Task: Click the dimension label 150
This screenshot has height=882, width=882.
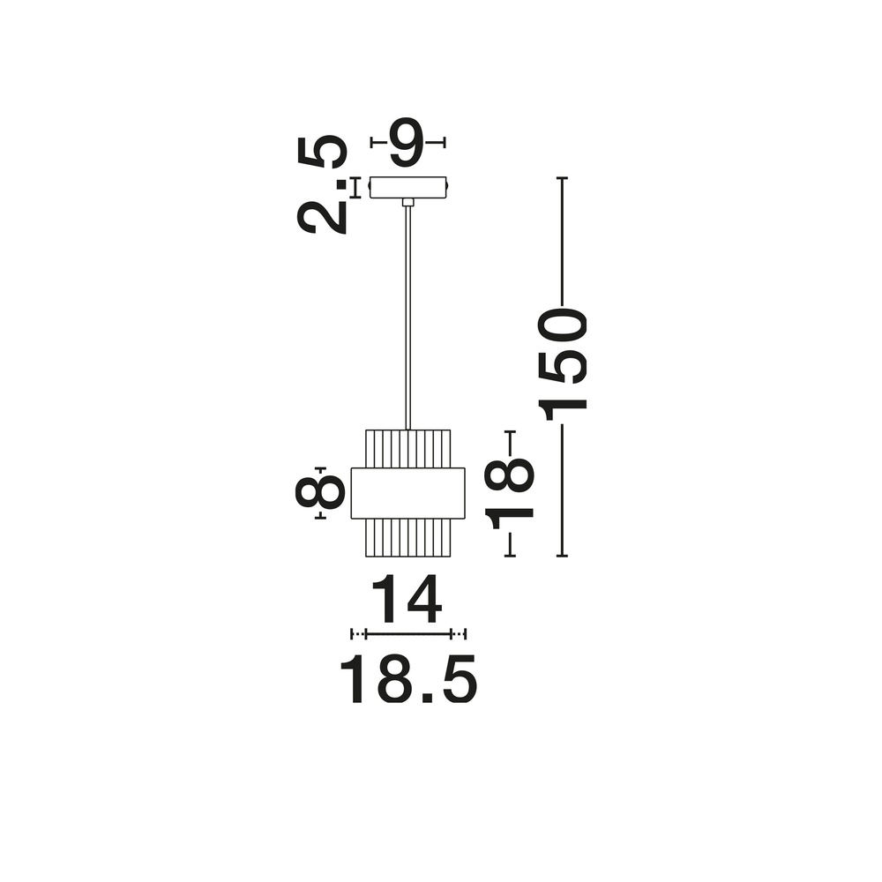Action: [x=563, y=364]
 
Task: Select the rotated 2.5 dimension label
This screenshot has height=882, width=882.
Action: [x=322, y=184]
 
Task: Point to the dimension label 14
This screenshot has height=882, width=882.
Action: [x=406, y=599]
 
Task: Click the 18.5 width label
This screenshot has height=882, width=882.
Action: [x=408, y=679]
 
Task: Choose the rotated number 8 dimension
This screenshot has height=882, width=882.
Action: [x=320, y=492]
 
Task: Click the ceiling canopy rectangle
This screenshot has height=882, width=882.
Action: [x=408, y=187]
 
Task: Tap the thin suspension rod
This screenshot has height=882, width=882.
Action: [x=407, y=318]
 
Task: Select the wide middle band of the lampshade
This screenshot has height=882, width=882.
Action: [x=407, y=493]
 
